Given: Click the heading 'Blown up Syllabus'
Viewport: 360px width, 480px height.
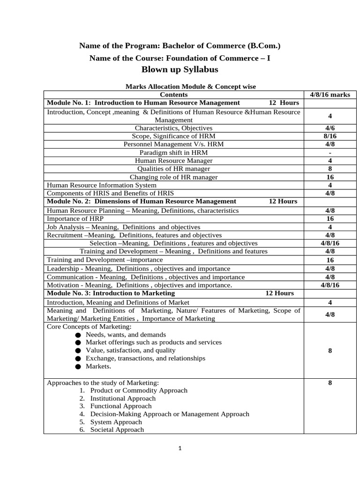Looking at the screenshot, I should (180, 70).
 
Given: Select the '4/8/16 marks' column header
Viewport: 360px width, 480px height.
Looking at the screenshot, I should (330, 95).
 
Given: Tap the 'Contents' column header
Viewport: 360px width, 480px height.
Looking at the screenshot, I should (173, 95).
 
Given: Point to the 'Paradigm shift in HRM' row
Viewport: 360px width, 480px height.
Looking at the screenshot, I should (173, 152).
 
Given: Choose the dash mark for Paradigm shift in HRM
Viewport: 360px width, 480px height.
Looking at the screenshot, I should (330, 153).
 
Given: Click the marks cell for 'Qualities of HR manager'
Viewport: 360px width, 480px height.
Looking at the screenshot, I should (330, 169).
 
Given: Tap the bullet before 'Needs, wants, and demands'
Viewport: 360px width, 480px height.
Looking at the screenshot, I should (77, 335).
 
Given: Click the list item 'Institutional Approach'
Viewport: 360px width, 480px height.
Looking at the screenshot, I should (123, 398).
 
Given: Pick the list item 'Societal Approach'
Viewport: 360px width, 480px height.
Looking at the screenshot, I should (117, 429).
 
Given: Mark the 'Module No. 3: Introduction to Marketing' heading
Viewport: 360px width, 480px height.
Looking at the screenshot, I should (111, 293).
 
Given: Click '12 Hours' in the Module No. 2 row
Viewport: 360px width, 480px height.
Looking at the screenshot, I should (283, 201).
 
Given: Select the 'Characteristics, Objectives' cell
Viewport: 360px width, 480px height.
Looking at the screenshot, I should (173, 128).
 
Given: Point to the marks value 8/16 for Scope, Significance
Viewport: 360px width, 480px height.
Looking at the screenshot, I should (330, 136).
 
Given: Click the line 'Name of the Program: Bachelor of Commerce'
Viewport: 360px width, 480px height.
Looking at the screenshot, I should (180, 45).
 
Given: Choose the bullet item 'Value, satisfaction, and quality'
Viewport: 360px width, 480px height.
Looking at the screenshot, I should (130, 350).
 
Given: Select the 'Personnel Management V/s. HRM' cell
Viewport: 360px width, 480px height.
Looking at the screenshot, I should (173, 144).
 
